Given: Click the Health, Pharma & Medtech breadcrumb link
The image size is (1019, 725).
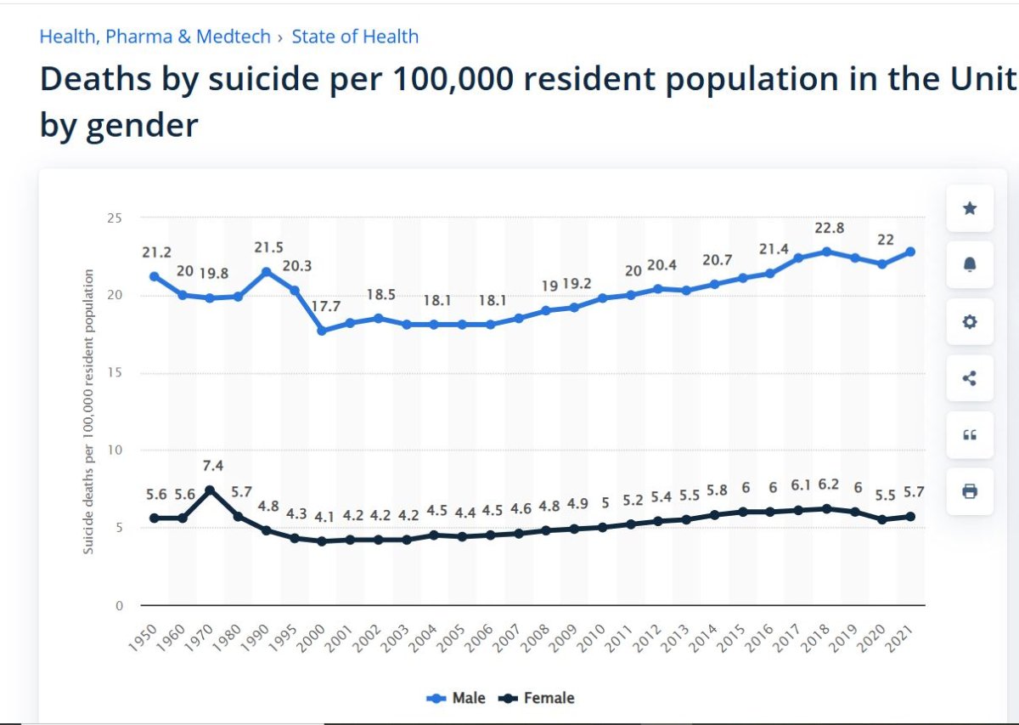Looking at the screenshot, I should click(x=155, y=37).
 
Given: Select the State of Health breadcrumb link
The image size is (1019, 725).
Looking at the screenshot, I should click(x=355, y=37).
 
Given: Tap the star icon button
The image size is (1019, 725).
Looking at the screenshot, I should click(x=970, y=208).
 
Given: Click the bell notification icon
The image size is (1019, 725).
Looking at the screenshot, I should click(x=970, y=265).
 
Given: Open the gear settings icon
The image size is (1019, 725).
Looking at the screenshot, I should click(x=970, y=322).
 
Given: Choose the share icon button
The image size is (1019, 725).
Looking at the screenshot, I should click(x=970, y=378).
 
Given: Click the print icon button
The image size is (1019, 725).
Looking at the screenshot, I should click(x=970, y=491).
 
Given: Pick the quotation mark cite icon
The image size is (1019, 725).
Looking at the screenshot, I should click(x=970, y=435).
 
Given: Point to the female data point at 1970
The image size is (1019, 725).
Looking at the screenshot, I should click(x=211, y=490).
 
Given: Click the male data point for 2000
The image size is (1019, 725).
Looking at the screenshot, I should click(x=323, y=331).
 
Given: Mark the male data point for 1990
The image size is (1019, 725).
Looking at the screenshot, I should click(x=267, y=272).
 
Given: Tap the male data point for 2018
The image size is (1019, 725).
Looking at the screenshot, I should click(x=827, y=252).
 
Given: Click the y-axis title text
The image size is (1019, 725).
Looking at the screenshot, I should click(x=88, y=412).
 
